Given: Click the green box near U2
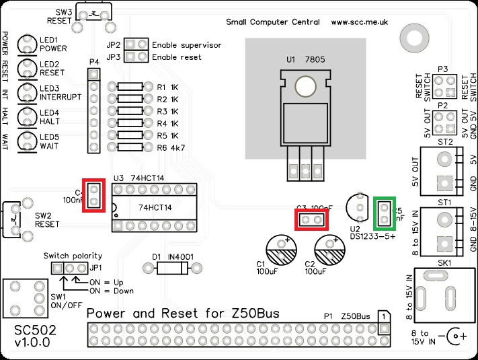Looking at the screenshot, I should point(385,213).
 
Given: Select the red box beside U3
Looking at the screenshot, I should point(94,195).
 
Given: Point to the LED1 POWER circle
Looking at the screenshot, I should point(27,44).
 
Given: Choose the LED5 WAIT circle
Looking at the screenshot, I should point(27,140).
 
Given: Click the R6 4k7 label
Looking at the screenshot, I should point(171,147).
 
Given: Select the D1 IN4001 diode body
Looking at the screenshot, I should point(171,268).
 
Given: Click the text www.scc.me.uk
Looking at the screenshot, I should point(360,22).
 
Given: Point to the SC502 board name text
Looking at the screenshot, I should point(33,331).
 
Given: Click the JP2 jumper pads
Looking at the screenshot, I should point(136,44).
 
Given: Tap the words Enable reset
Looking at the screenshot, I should point(176,58).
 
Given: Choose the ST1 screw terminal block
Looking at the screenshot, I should point(442,231).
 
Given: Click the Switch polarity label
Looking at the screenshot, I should point(73,256).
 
